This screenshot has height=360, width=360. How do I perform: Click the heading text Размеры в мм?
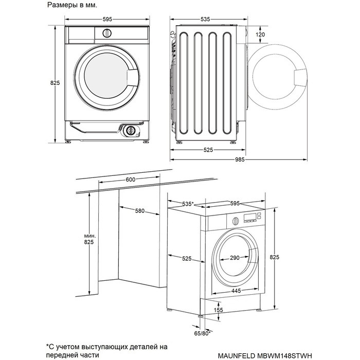pos(72,6)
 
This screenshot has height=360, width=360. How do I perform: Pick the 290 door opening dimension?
pos(235,258)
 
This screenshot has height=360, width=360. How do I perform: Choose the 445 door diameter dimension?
pos(236,291)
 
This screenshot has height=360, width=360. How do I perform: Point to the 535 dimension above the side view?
pos(205,20)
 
